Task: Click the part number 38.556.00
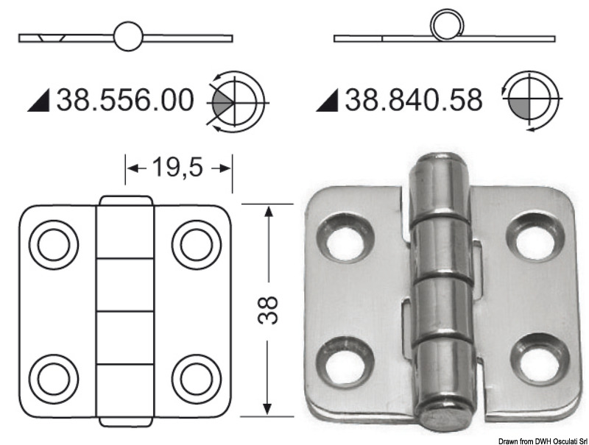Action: coord(126,100)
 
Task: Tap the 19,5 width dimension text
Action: coord(177,168)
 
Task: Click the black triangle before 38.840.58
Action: coord(328,102)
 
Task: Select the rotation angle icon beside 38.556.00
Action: coord(236,101)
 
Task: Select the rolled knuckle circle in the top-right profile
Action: coord(445,27)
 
